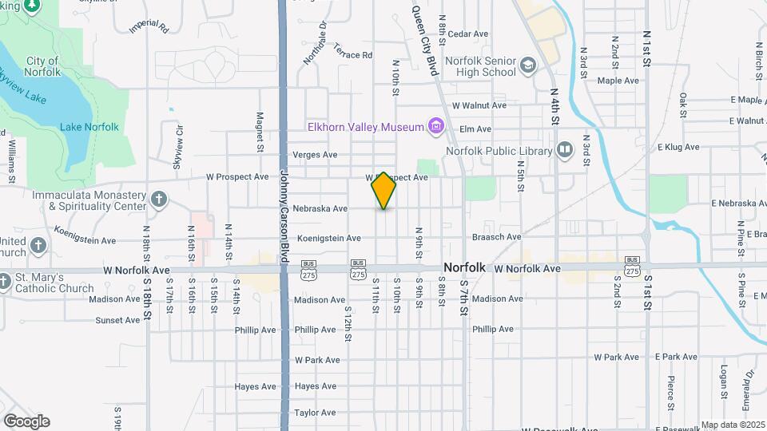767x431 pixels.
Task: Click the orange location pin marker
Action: (384, 191)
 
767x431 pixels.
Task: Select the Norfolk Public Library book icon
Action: (565, 150)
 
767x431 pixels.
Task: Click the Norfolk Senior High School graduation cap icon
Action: (527, 65)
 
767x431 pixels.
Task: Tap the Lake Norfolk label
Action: (89, 127)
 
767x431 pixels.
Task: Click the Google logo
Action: (26, 421)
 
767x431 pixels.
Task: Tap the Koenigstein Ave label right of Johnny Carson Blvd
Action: (329, 238)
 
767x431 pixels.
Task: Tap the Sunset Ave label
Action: (117, 320)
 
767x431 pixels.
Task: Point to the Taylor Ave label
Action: (315, 413)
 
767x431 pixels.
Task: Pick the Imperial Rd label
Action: (149, 26)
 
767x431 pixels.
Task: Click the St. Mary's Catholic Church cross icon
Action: (4, 282)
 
